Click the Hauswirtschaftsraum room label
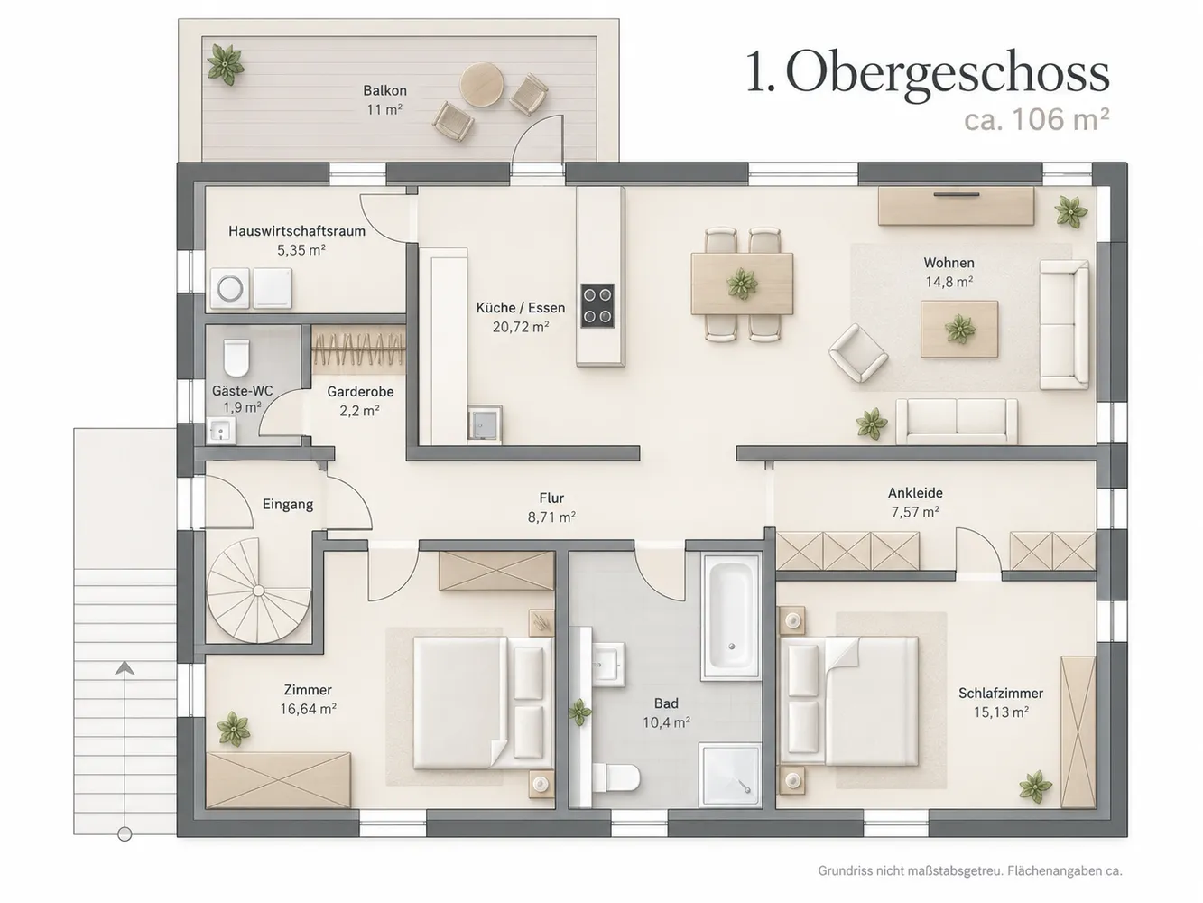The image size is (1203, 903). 297,231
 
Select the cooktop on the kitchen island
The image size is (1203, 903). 597,305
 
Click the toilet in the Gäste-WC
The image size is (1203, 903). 236,358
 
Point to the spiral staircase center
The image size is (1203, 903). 258,591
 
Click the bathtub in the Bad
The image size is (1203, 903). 731,618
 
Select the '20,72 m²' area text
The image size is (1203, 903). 520,327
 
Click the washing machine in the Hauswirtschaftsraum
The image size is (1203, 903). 230,288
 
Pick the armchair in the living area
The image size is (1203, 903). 858,352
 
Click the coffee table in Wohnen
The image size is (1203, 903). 959,329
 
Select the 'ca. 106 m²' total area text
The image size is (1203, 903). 1036,120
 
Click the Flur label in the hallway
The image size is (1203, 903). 551,498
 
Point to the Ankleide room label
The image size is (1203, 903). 915,493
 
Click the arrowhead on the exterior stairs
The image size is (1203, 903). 125,668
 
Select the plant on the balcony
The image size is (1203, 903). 226,65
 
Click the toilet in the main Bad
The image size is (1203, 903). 616,777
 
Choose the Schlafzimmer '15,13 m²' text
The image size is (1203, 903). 1001,712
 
